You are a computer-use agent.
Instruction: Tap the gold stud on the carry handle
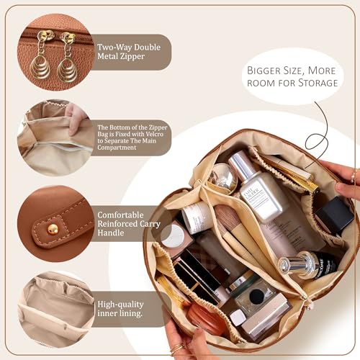(53, 228)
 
